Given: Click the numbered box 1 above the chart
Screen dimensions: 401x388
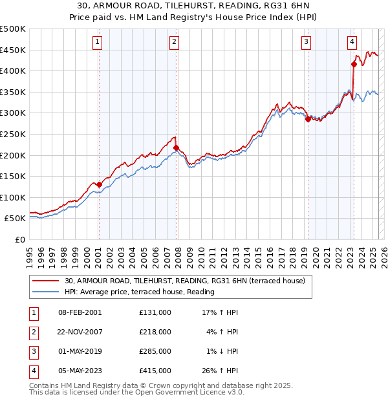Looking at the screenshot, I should [x=97, y=43].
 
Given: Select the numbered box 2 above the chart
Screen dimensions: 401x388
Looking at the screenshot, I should [x=175, y=43].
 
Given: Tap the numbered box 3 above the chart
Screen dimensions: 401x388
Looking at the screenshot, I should [x=306, y=43].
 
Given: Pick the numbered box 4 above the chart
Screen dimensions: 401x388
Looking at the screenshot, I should [x=352, y=43].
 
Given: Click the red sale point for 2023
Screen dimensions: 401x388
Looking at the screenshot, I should [x=354, y=64].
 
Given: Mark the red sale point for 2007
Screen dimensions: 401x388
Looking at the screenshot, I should [x=176, y=147].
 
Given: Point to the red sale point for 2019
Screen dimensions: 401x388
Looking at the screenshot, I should [x=308, y=119].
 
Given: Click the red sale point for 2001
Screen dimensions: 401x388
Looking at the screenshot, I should [x=99, y=184].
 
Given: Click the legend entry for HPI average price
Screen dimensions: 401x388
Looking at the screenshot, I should [x=139, y=292].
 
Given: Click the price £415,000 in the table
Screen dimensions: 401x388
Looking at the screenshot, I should [x=155, y=371].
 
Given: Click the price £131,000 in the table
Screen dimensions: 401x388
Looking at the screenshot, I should [x=155, y=312].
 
